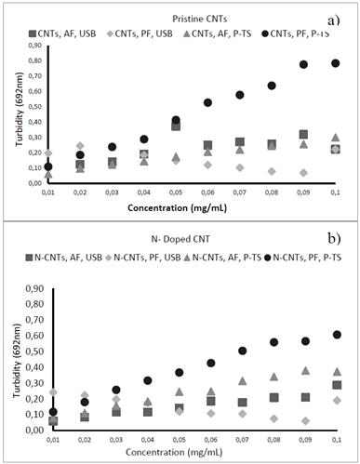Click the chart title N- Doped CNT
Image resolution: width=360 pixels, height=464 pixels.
[179, 244]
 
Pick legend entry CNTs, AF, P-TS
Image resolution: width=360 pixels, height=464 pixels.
[219, 33]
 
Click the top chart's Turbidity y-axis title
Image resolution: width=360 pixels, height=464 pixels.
[10, 114]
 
